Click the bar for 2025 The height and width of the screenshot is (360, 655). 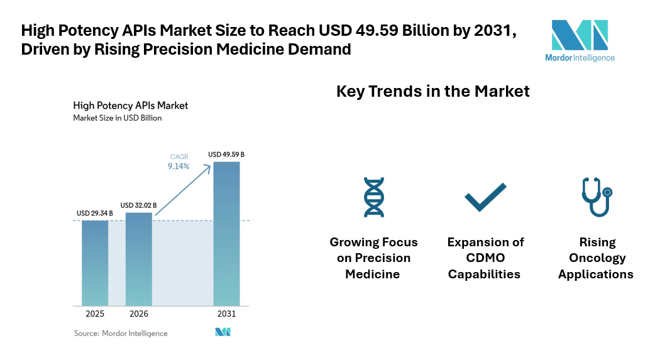pos(95,263)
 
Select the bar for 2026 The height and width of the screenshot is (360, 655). pos(139,258)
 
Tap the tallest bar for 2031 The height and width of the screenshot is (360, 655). pos(226,233)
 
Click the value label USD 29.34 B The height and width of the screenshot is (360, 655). pos(95,214)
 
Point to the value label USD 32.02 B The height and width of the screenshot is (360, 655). pos(139,205)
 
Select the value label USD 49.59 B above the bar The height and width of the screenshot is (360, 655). pos(226,155)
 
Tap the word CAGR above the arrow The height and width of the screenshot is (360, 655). pos(179,157)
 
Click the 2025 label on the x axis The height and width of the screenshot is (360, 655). pos(95,314)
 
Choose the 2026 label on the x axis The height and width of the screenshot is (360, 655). pos(139,314)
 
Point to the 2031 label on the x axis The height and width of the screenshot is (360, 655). pos(226,314)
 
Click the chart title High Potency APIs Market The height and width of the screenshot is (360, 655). pos(131,106)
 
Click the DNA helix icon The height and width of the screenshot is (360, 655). pos(373,197)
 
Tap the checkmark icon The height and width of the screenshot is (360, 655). pos(485,197)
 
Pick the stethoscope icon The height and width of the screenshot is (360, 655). pos(595,197)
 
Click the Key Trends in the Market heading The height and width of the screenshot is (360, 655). pos(433,92)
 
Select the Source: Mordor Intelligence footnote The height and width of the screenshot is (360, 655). pos(121,333)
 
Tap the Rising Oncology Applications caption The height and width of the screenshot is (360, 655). pos(595,258)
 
